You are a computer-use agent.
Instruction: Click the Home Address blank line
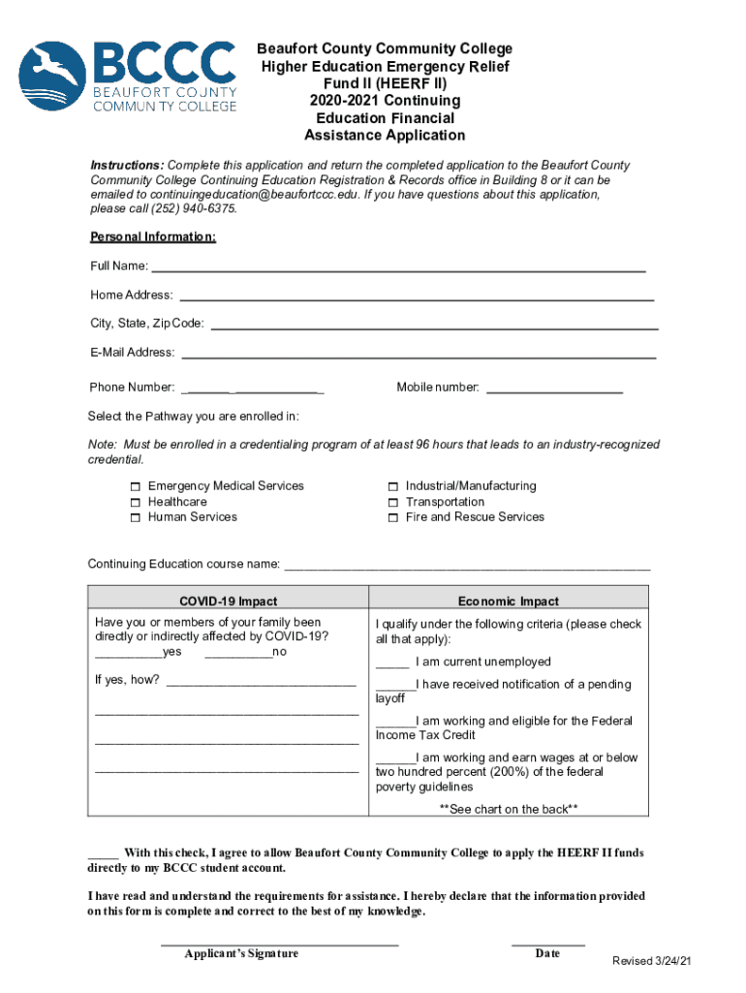click(x=417, y=298)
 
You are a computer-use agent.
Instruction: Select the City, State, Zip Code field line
click(x=434, y=327)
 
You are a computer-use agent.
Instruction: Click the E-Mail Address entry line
click(x=419, y=356)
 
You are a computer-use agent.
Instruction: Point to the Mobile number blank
click(x=554, y=391)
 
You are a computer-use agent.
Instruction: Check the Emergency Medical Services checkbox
click(x=136, y=487)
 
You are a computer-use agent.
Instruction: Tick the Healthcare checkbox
click(x=136, y=502)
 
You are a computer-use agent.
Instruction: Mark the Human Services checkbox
click(x=136, y=518)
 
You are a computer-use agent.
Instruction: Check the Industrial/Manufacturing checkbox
click(x=393, y=487)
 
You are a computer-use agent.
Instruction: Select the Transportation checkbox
click(x=393, y=502)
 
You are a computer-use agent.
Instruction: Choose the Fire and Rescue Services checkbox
click(x=393, y=518)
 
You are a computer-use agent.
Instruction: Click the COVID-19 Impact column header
click(x=228, y=601)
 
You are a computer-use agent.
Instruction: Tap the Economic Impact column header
click(x=508, y=601)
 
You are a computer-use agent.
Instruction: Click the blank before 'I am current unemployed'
click(x=392, y=664)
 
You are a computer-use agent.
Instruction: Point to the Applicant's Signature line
click(x=279, y=942)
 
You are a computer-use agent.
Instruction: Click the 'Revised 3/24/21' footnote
click(x=651, y=961)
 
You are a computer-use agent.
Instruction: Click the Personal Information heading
click(x=153, y=238)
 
